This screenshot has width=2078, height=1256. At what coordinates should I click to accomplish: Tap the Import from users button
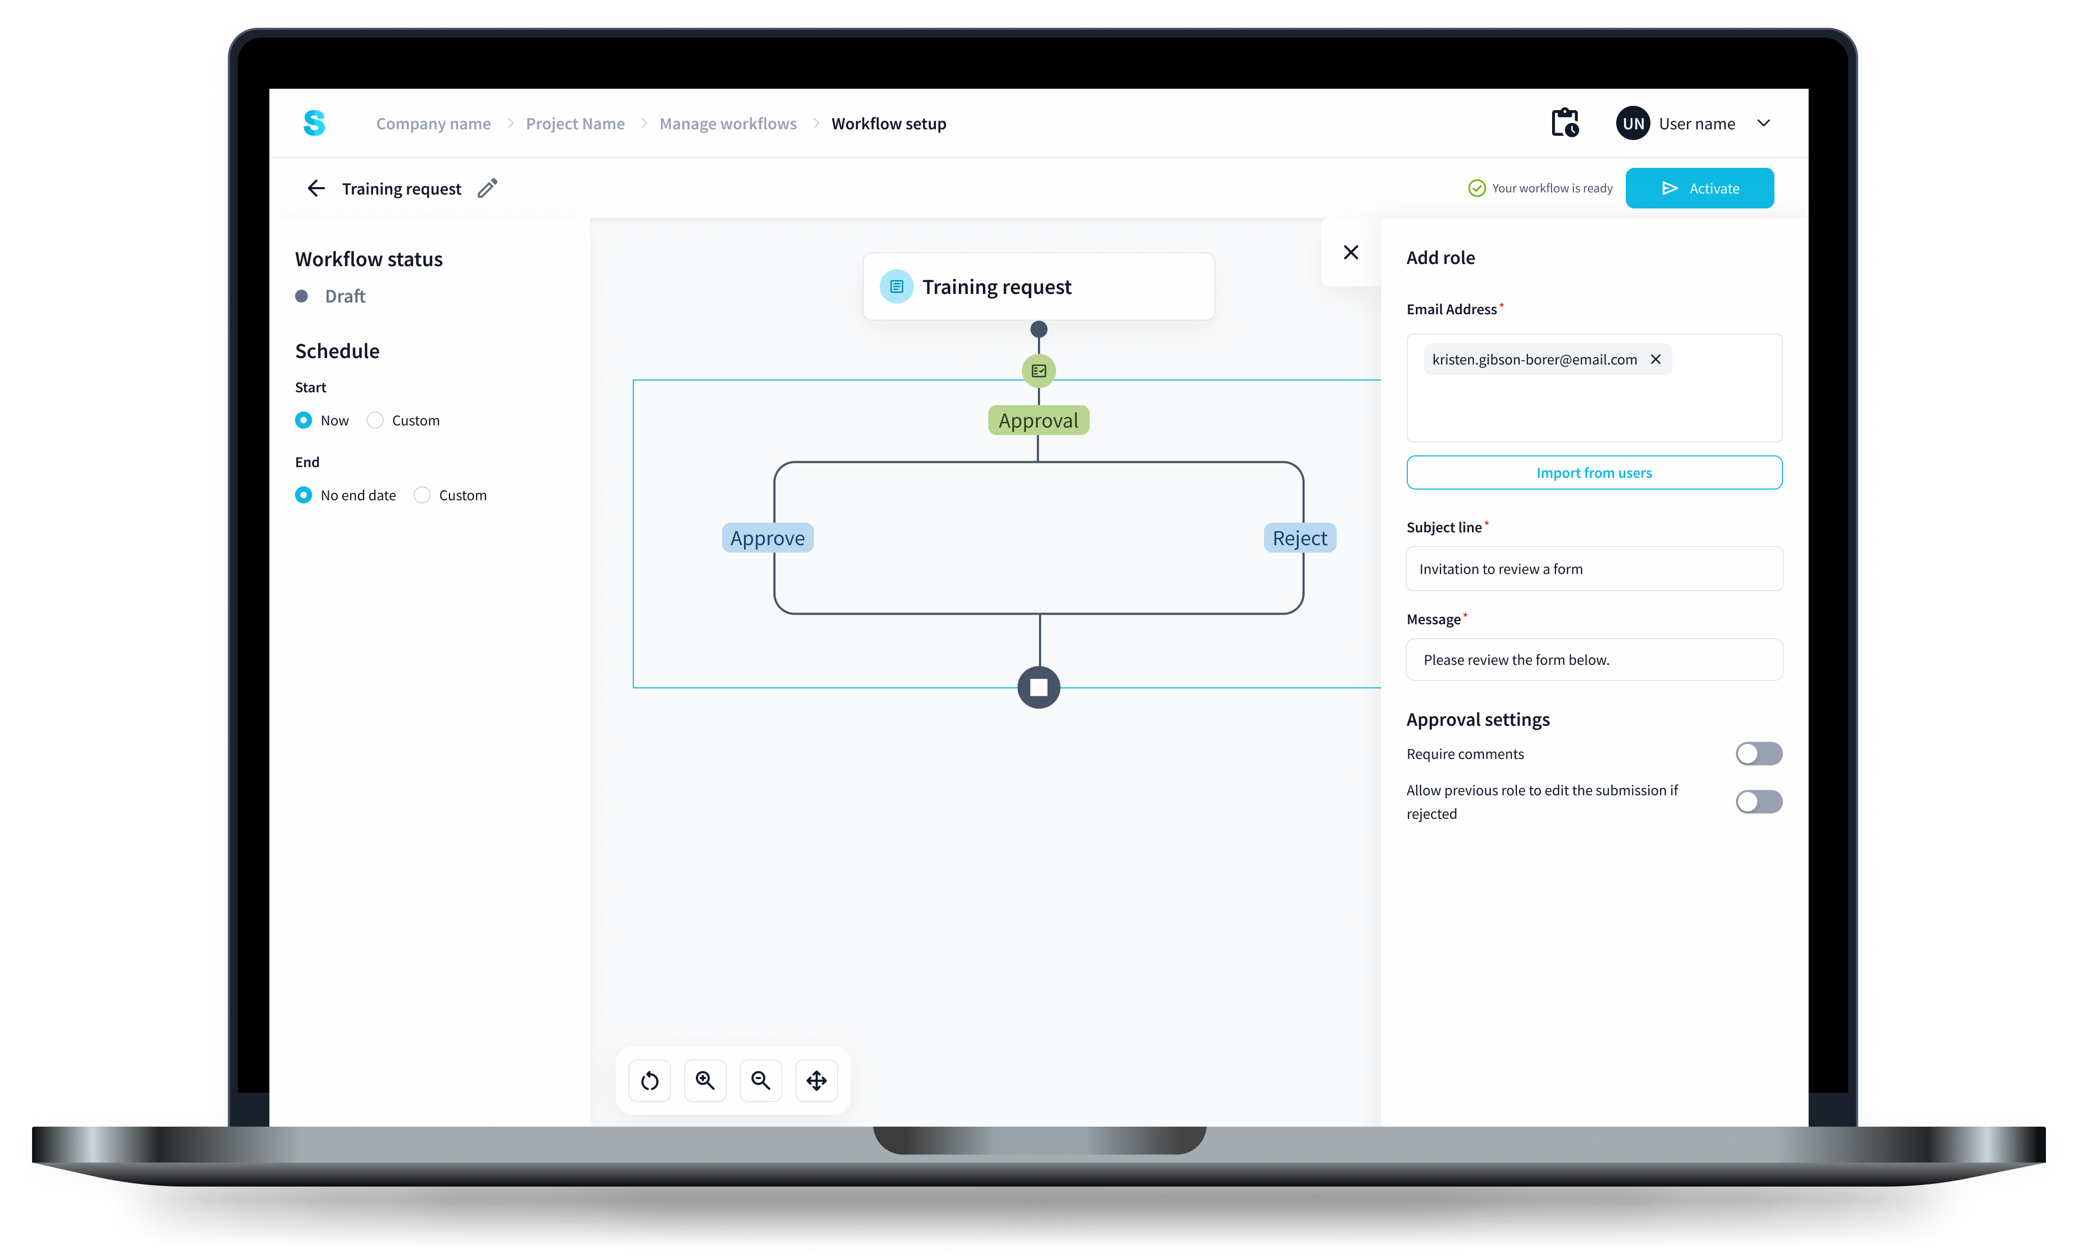1593,472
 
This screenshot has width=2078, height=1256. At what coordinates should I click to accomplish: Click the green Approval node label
1038,420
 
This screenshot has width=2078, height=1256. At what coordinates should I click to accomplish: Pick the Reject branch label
1299,538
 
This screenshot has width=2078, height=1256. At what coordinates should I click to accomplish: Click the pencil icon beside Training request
487,188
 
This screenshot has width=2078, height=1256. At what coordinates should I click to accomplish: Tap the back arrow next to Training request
316,188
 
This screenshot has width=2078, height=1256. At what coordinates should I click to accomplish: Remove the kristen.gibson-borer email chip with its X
1655,359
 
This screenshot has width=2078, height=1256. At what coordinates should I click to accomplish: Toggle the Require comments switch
1758,753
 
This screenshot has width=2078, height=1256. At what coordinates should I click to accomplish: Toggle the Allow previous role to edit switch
1758,801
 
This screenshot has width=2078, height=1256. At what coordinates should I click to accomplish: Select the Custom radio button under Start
375,420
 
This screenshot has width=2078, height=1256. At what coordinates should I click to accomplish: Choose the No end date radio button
304,495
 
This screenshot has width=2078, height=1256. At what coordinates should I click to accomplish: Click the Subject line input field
1593,569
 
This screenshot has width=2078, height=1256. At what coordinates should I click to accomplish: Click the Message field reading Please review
1593,660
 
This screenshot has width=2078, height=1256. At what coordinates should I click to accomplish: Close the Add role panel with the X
1350,252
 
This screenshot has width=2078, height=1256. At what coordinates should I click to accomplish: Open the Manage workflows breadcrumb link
728,124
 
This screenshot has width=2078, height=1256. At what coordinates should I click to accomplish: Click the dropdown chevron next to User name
1763,123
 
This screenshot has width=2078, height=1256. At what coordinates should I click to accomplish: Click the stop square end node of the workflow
1038,687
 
